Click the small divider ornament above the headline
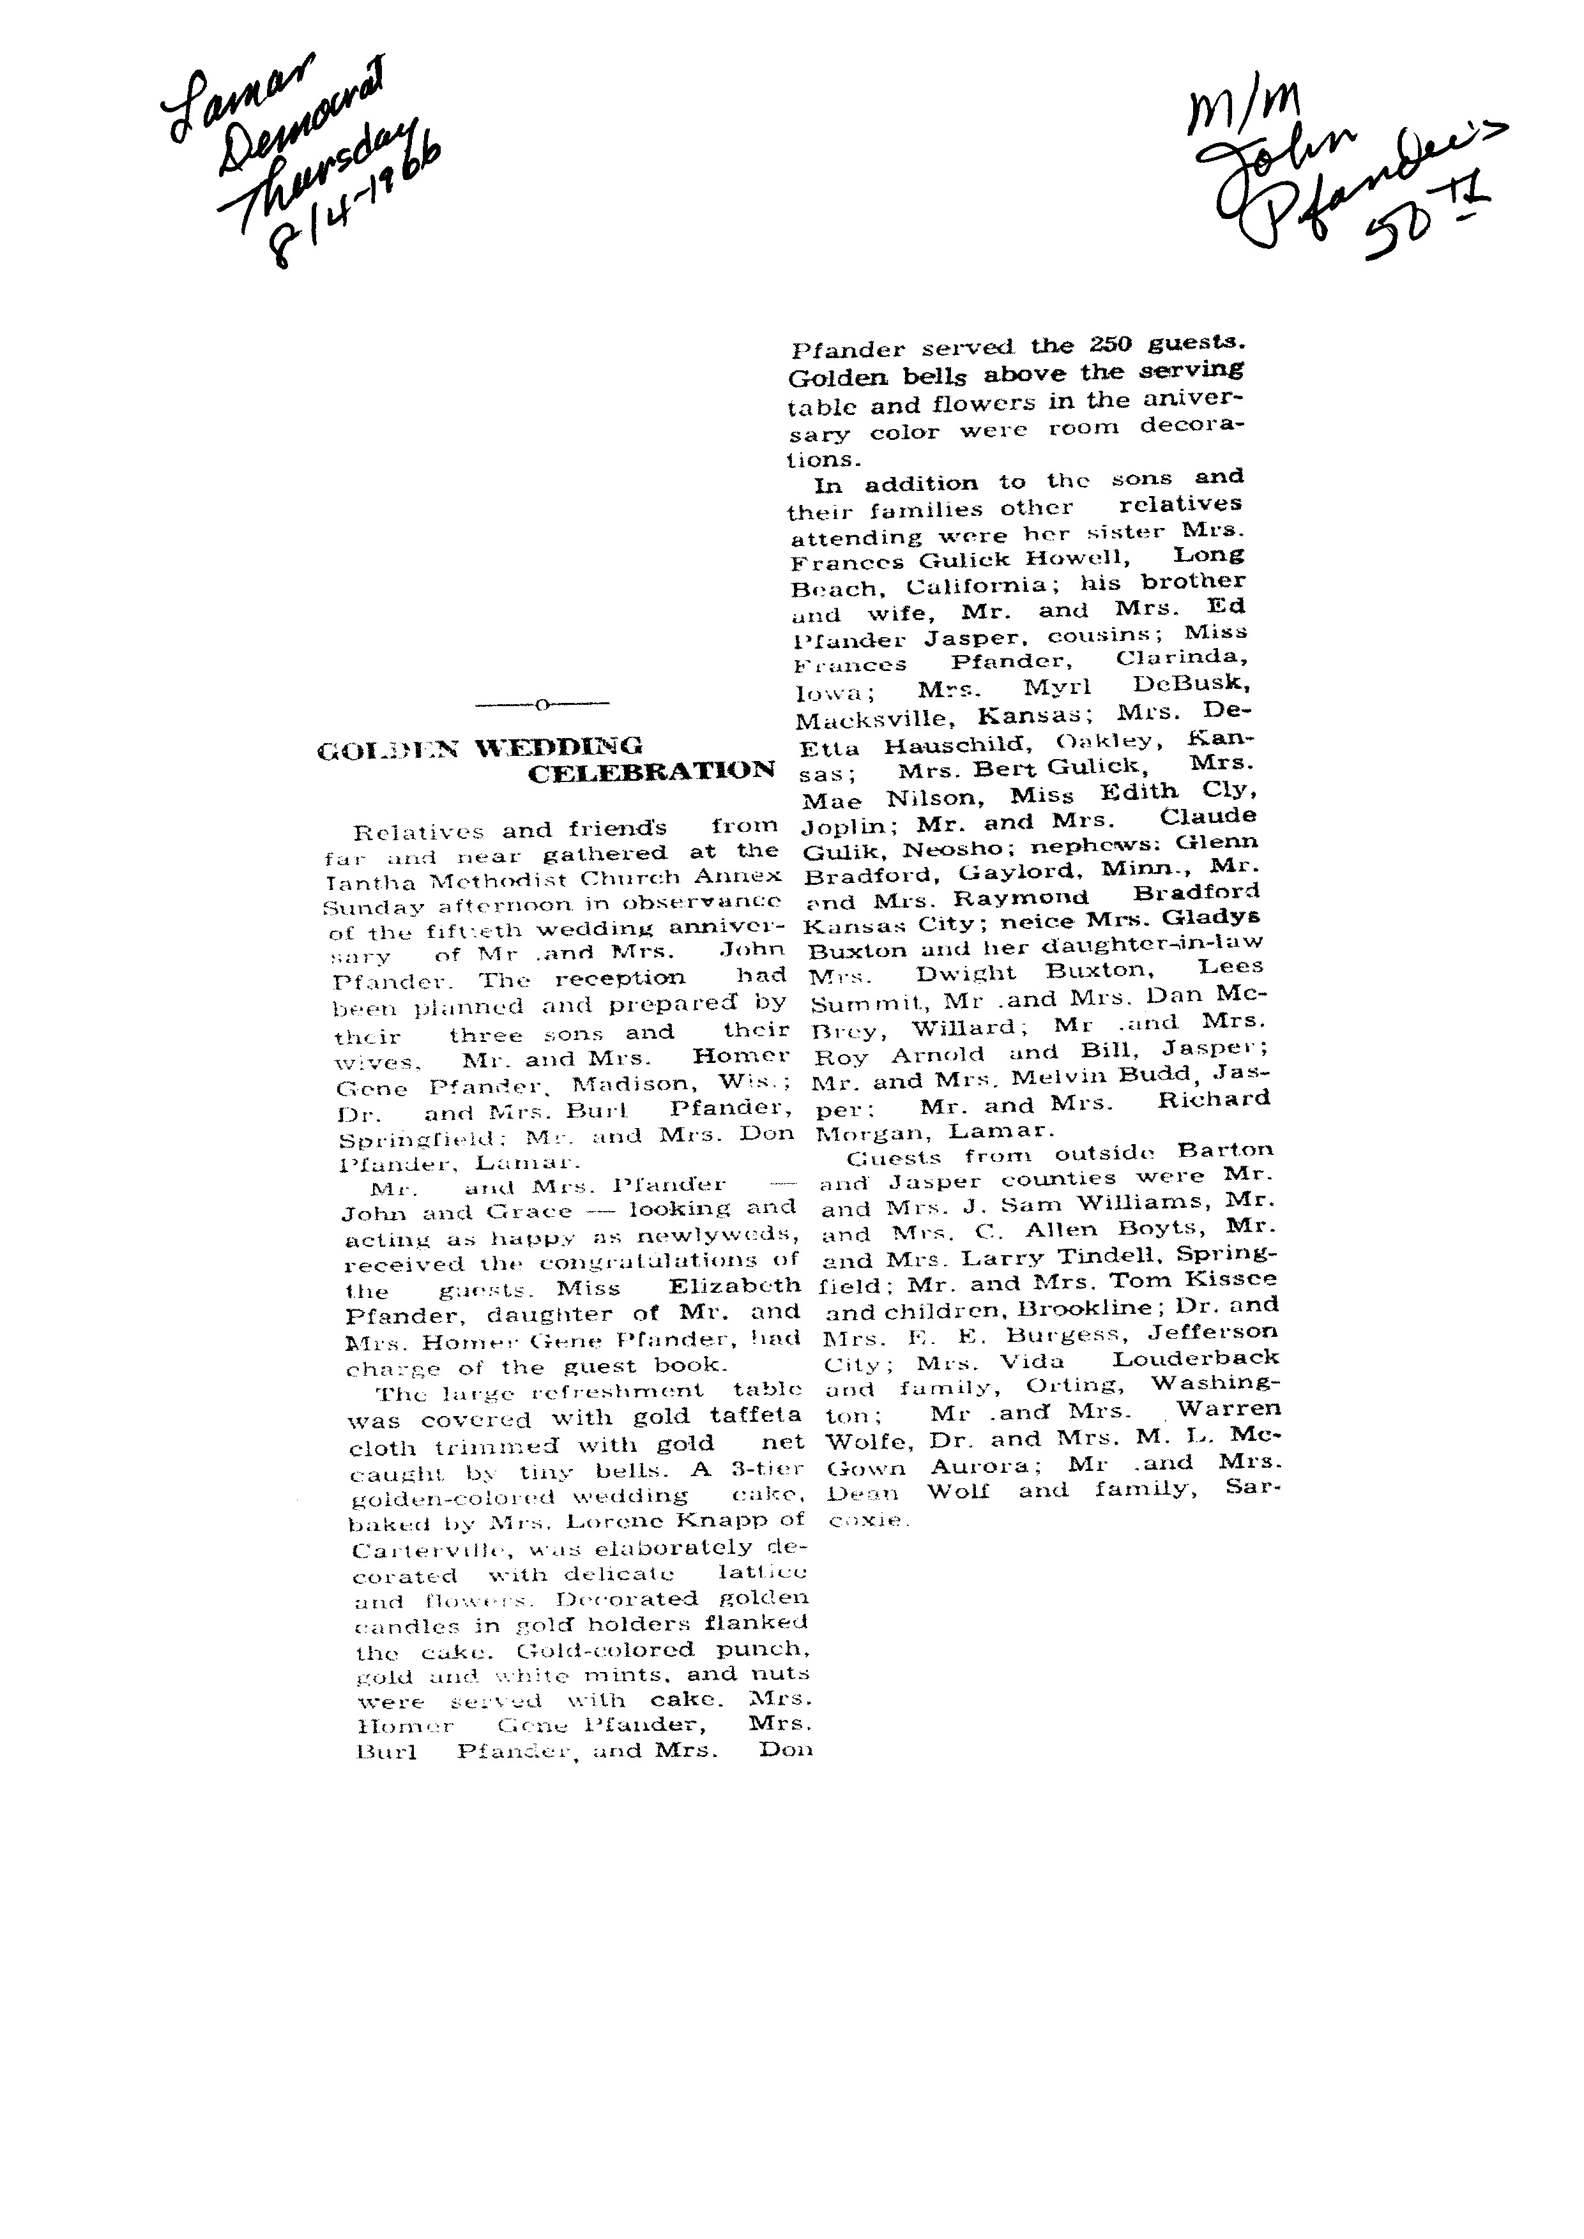[542, 703]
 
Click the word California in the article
[983, 587]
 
